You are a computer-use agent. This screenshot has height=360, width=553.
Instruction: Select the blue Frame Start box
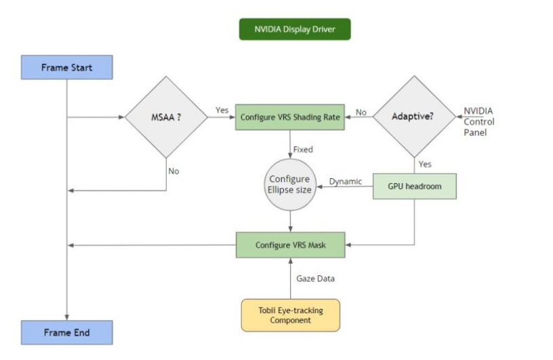[66, 68]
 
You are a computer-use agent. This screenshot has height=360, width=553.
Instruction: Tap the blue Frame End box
[66, 333]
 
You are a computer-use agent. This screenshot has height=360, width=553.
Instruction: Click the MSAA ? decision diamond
[166, 117]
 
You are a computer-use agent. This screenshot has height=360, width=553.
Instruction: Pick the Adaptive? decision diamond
[413, 116]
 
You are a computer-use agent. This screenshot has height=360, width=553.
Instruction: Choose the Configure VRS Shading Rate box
[290, 117]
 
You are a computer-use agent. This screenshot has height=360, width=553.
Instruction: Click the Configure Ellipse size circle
[290, 184]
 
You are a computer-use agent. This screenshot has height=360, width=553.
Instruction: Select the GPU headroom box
[414, 186]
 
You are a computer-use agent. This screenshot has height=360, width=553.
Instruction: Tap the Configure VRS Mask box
[290, 245]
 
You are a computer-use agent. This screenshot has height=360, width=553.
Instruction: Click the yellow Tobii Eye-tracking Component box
[290, 315]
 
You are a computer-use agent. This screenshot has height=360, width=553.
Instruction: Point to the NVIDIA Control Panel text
[478, 122]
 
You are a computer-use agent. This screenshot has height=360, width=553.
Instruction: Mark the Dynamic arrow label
[346, 181]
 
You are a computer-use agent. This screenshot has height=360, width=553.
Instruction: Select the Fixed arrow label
[303, 149]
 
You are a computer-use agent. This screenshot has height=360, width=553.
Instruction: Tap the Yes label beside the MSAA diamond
[222, 110]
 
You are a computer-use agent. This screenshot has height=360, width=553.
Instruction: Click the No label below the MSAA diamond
[173, 171]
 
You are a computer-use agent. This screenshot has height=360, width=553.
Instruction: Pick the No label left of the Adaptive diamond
[361, 113]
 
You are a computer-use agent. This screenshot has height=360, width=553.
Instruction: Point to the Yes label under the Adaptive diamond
[425, 164]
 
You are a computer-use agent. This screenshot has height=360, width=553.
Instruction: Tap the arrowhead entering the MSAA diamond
[122, 117]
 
